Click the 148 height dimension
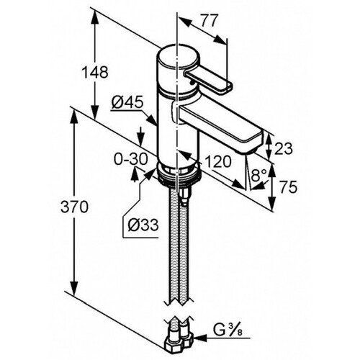(95, 72)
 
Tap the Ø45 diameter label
(127, 103)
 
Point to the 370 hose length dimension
(74, 207)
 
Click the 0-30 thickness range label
(130, 159)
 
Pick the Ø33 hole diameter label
(143, 225)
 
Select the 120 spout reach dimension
(218, 161)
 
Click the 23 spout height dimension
(284, 148)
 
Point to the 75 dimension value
(289, 187)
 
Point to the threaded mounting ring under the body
(178, 174)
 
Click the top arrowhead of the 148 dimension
(95, 17)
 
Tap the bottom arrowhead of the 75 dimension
(271, 204)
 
